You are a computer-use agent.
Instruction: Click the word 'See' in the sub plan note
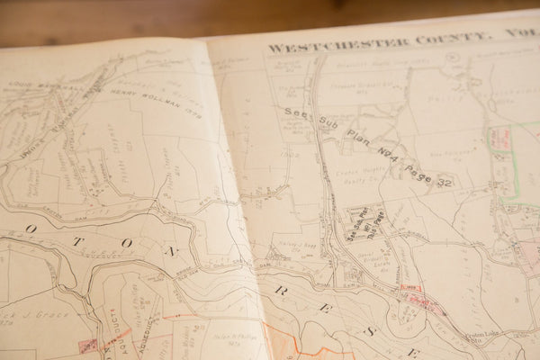(293, 113)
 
